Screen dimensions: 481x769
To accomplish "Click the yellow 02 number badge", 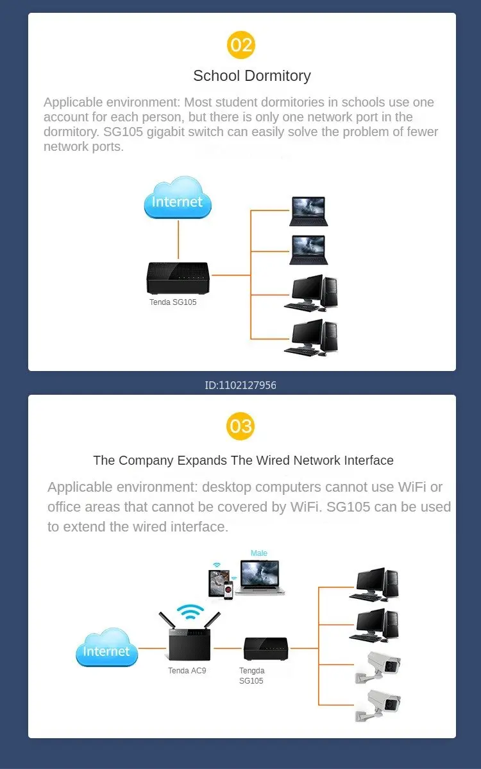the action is [x=241, y=45].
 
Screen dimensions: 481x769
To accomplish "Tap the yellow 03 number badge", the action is [x=240, y=426].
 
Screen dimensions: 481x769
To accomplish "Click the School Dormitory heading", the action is [x=252, y=76].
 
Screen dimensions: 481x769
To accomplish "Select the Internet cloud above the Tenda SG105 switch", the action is [x=178, y=198].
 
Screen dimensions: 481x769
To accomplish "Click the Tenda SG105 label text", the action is [x=173, y=302].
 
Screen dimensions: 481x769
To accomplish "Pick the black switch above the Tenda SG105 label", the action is [x=178, y=277].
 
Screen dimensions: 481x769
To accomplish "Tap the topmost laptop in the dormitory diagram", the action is [x=308, y=211].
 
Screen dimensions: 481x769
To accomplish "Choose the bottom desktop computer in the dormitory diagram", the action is [x=311, y=338].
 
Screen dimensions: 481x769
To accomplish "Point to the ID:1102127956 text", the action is [x=240, y=386].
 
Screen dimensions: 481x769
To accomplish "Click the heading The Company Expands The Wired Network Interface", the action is [x=244, y=460].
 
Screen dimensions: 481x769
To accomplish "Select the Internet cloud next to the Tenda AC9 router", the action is [x=106, y=648].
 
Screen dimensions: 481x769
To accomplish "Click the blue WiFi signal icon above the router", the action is [x=190, y=612].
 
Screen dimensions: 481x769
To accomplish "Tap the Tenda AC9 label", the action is [x=187, y=670].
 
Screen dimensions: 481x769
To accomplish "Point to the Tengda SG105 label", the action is [x=252, y=675].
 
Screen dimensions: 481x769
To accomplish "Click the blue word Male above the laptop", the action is [x=259, y=553].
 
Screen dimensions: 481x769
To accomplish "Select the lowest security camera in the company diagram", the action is [x=378, y=705].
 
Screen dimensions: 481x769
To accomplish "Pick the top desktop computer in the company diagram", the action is [x=375, y=584].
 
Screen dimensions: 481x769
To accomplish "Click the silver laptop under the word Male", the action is [x=260, y=578].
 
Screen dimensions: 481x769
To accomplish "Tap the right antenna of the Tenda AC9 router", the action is [x=212, y=620].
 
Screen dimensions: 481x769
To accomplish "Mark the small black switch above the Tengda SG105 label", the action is [x=266, y=649].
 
